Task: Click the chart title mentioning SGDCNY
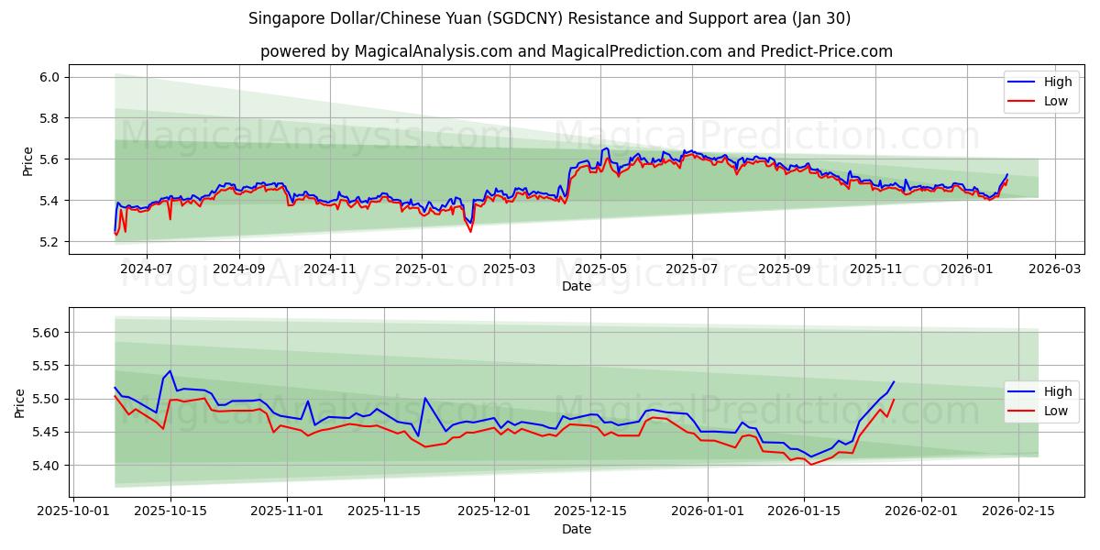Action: [x=549, y=18]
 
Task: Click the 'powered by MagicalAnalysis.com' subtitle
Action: [x=576, y=51]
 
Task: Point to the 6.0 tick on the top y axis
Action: [x=49, y=77]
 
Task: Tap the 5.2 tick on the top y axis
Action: [x=49, y=242]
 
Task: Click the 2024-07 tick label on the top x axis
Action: [x=147, y=269]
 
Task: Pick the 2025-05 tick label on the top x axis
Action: [x=601, y=269]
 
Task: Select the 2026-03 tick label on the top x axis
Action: [x=1054, y=269]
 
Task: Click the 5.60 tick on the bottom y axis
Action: [x=46, y=333]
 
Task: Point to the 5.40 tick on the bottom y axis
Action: [x=46, y=466]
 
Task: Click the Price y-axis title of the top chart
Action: [x=27, y=160]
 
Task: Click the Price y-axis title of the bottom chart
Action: [x=20, y=402]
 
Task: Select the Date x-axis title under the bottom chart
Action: [x=576, y=529]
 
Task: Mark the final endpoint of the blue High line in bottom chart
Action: [x=894, y=382]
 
